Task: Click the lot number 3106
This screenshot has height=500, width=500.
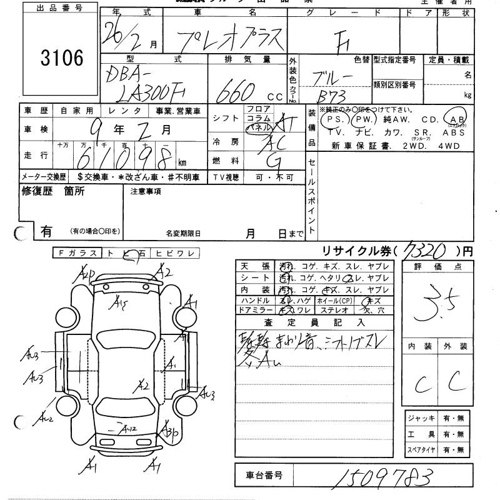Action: (x=61, y=59)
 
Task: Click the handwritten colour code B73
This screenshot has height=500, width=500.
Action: (x=331, y=96)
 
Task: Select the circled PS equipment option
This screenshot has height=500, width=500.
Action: (x=331, y=119)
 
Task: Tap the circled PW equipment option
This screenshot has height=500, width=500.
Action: (x=362, y=119)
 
